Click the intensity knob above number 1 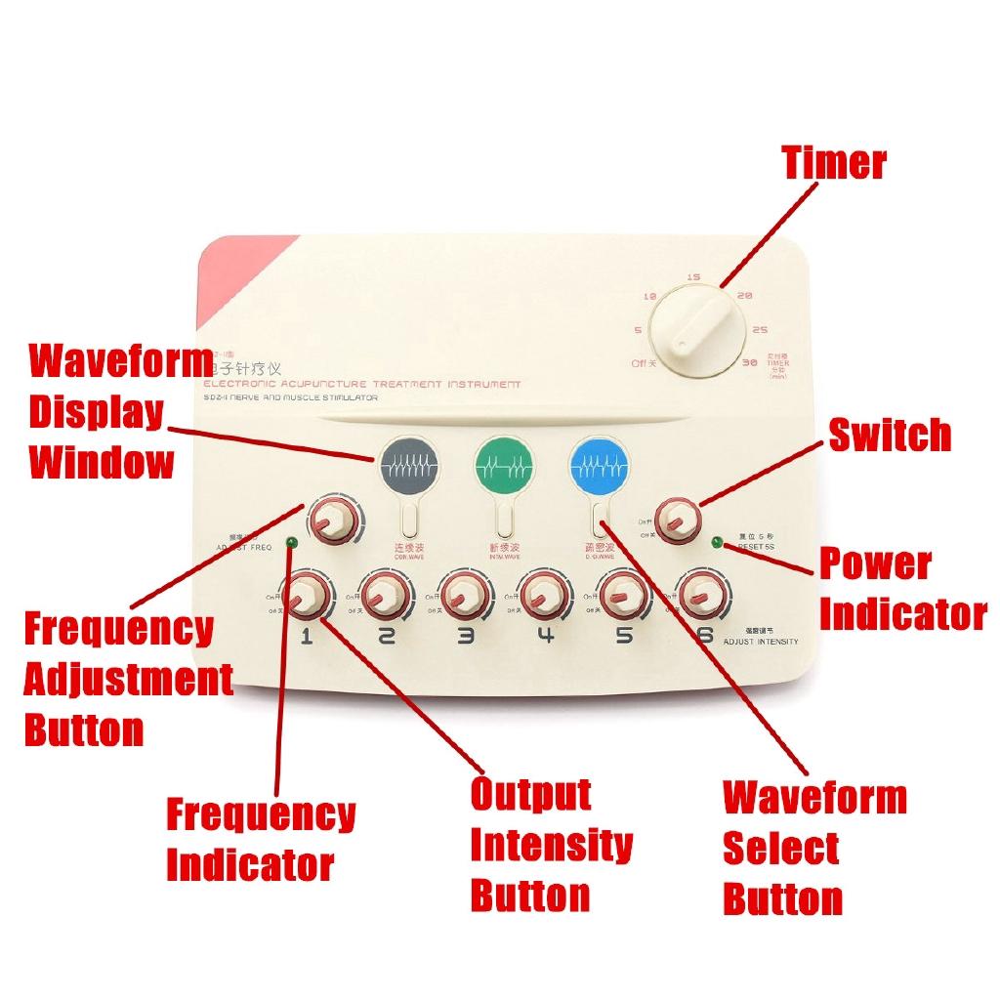pyautogui.click(x=306, y=595)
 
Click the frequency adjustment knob pyautogui.click(x=332, y=521)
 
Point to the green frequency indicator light pyautogui.click(x=290, y=542)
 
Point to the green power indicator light pyautogui.click(x=718, y=542)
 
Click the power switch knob pyautogui.click(x=678, y=520)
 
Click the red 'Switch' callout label pyautogui.click(x=889, y=436)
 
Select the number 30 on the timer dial pyautogui.click(x=750, y=362)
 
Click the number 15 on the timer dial pyautogui.click(x=692, y=277)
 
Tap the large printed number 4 pyautogui.click(x=545, y=637)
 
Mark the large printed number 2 pyautogui.click(x=386, y=637)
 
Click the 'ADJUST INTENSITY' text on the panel pyautogui.click(x=763, y=642)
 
